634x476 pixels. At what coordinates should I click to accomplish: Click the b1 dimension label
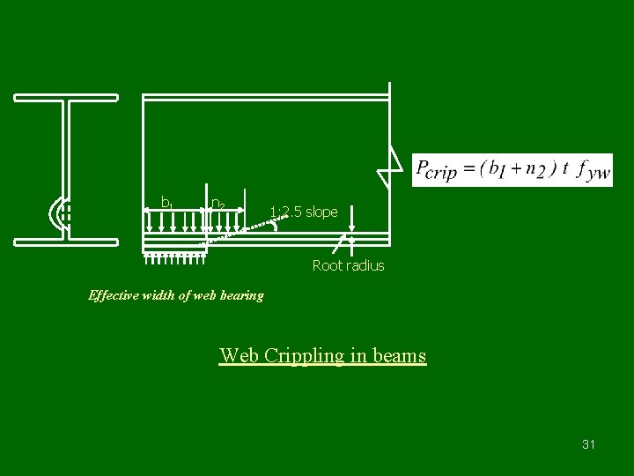pos(166,204)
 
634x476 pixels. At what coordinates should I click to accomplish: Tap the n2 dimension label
pos(217,204)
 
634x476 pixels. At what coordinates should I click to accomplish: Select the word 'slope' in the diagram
pos(321,212)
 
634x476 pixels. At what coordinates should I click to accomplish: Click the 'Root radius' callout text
pos(349,265)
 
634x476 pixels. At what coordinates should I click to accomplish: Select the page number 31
pos(588,444)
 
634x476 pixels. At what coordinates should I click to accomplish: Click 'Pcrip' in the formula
pos(437,170)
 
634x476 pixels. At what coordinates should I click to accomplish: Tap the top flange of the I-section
pos(66,97)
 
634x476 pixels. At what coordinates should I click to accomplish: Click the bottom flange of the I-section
pos(66,239)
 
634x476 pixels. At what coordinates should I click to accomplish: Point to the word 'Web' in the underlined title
pos(239,356)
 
